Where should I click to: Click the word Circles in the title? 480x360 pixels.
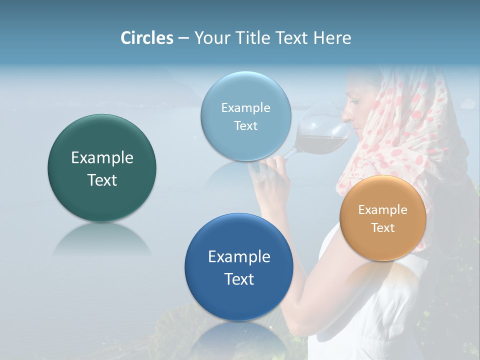pyautogui.click(x=147, y=38)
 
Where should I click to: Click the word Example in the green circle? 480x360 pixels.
pyautogui.click(x=102, y=158)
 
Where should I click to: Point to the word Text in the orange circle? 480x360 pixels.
pyautogui.click(x=383, y=228)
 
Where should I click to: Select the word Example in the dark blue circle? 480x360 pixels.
pyautogui.click(x=239, y=257)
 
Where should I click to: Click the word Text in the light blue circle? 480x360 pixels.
pyautogui.click(x=245, y=126)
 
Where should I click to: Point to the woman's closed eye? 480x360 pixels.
pyautogui.click(x=354, y=102)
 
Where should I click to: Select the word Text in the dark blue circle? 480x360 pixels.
pyautogui.click(x=239, y=279)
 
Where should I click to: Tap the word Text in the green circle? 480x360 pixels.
pyautogui.click(x=102, y=180)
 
